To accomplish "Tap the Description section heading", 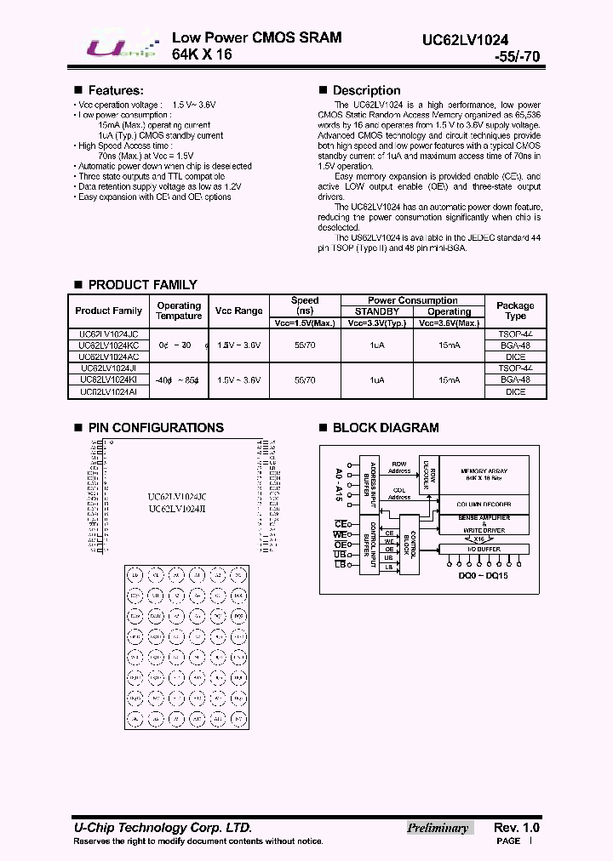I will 366,90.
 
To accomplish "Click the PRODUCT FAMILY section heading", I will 142,285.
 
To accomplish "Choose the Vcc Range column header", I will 238,311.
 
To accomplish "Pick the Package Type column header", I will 515,311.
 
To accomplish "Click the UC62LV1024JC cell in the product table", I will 108,334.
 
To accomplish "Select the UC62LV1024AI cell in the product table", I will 108,391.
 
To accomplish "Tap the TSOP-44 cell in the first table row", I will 515,334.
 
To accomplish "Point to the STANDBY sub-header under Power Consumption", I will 376,311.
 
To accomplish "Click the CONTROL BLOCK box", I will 409,545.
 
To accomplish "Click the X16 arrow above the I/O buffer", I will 478,539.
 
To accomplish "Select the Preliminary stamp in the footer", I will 438,828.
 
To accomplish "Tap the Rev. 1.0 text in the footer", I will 516,828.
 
